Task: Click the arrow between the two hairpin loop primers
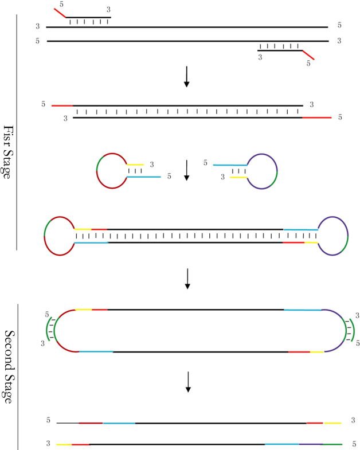click(x=186, y=170)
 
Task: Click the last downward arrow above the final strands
click(x=188, y=382)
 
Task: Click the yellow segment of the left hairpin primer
click(x=135, y=165)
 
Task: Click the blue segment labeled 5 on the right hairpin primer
click(x=229, y=165)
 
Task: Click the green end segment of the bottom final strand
click(x=332, y=444)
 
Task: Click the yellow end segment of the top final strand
click(x=332, y=423)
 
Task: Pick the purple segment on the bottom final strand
click(x=311, y=444)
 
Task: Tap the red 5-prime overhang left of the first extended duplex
click(x=62, y=105)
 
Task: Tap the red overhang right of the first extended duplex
click(x=317, y=118)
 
